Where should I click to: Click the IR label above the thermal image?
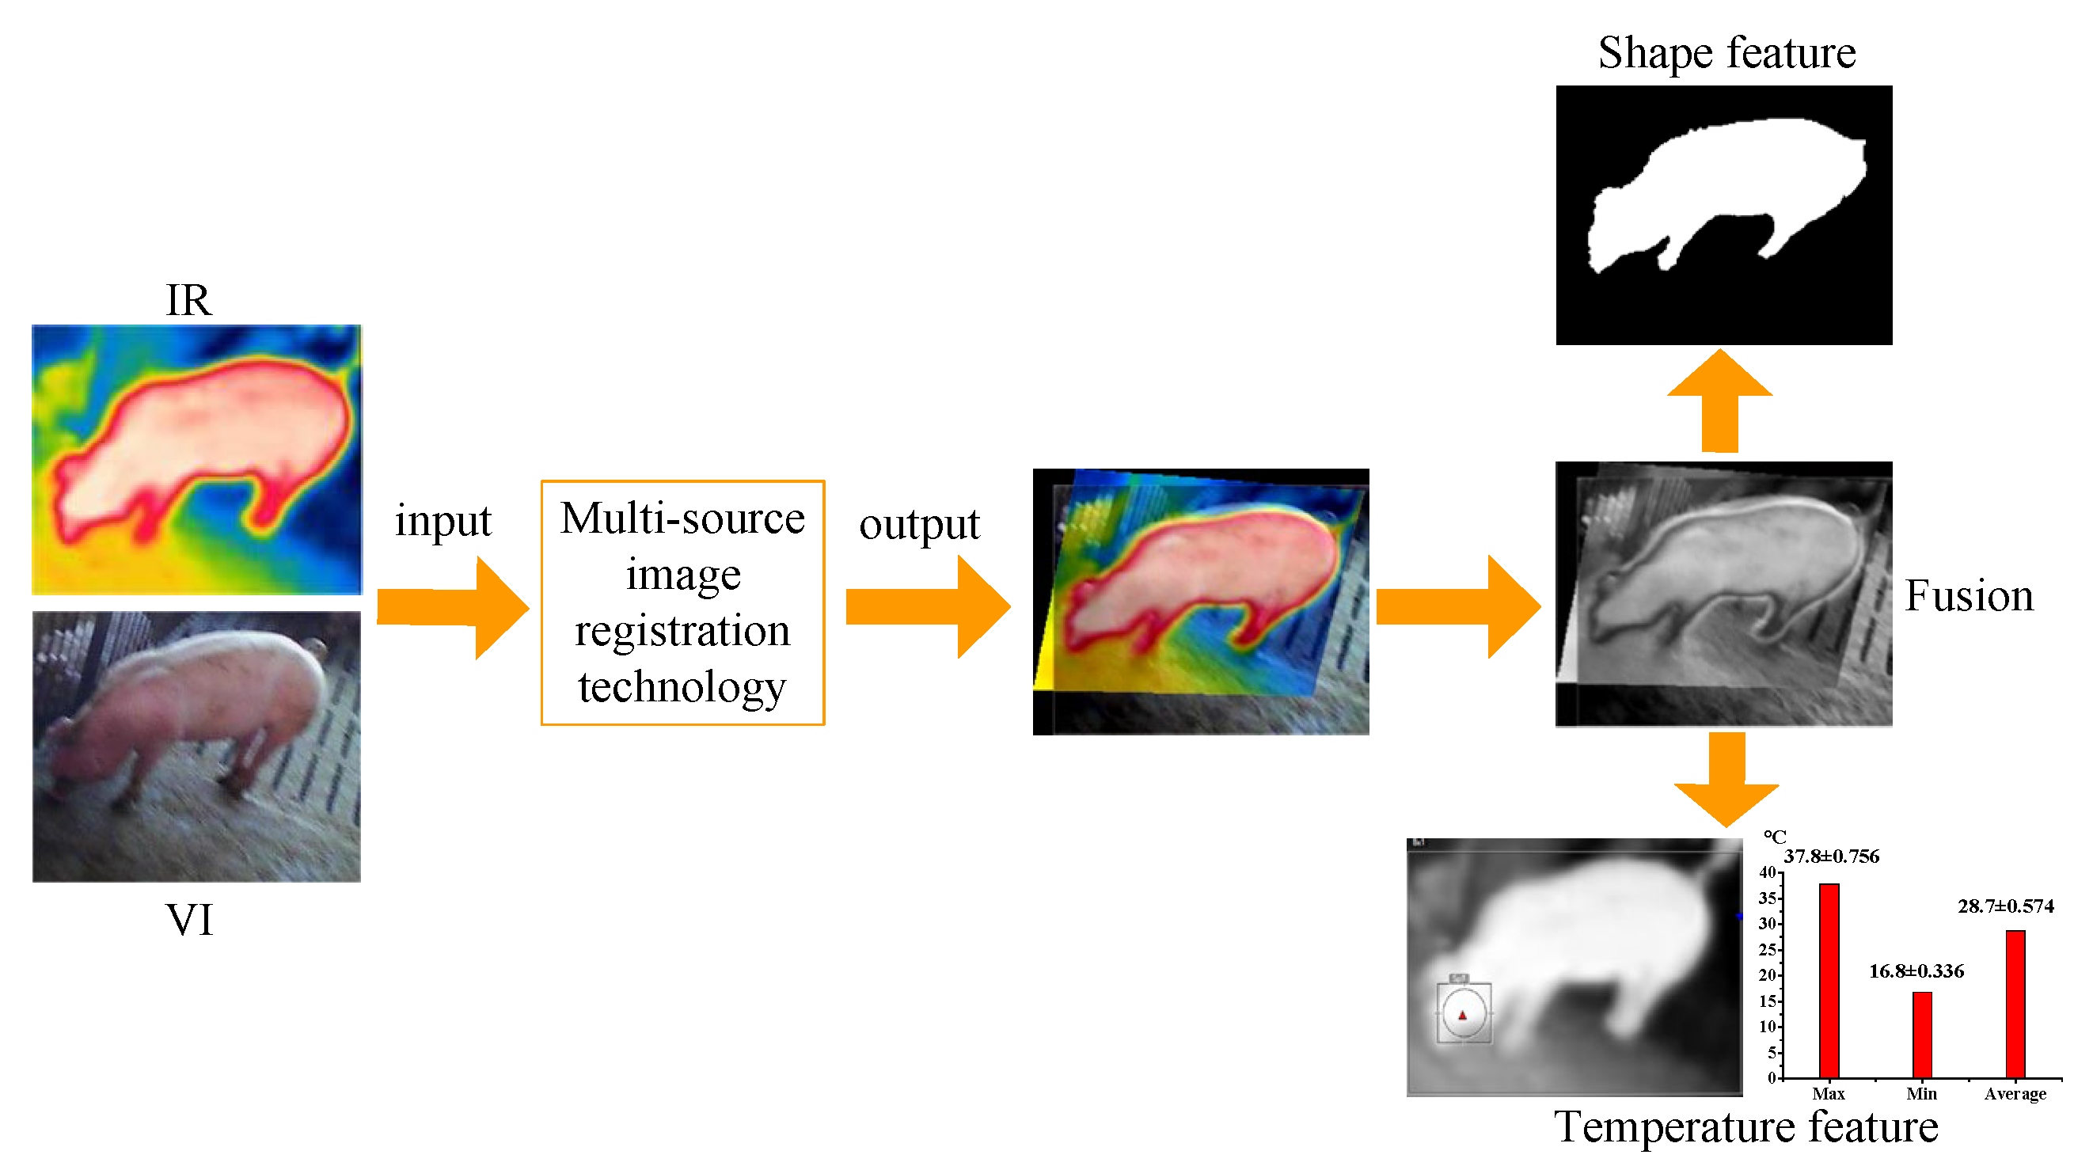click(188, 301)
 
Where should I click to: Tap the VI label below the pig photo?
click(189, 921)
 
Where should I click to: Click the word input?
click(443, 521)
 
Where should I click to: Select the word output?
click(919, 524)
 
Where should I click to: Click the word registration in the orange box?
click(682, 632)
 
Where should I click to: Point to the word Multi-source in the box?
click(682, 518)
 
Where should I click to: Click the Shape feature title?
click(1726, 53)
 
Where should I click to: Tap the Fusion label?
click(1969, 595)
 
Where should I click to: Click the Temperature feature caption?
click(1745, 1128)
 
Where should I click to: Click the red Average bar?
click(2015, 1005)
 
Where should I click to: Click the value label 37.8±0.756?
click(1832, 856)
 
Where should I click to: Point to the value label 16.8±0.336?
click(1916, 971)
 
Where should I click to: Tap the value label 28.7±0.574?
click(2005, 906)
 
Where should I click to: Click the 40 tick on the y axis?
click(1767, 872)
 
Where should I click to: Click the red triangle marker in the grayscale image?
click(1463, 1015)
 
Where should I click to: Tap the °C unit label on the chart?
click(1775, 837)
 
